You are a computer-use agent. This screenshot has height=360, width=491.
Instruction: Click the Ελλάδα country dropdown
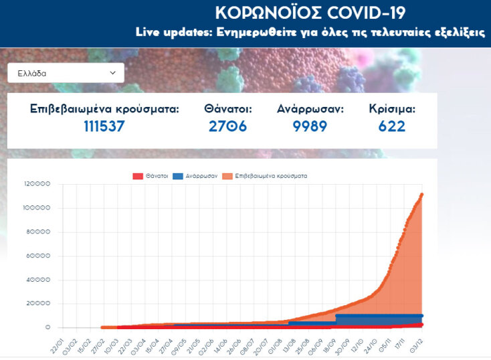point(65,73)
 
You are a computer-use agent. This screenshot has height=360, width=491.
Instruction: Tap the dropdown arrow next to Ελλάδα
point(112,73)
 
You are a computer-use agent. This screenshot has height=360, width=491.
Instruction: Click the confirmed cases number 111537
point(104,126)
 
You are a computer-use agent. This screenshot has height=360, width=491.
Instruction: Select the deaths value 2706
point(227,126)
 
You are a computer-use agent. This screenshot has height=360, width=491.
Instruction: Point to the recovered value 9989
point(310,126)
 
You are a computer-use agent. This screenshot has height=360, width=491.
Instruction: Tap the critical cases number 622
point(392,126)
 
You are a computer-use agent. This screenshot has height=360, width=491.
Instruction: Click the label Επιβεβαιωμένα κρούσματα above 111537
point(104,108)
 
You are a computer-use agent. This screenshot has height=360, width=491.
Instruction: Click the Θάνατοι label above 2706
point(227,108)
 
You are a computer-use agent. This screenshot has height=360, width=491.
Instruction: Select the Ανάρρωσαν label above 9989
point(310,108)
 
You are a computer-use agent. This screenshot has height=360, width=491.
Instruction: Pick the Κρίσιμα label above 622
point(392,108)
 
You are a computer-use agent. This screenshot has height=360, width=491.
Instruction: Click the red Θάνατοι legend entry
point(150,176)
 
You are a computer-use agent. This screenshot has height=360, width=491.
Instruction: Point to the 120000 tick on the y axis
point(37,184)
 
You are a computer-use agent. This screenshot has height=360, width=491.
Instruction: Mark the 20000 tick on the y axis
point(39,303)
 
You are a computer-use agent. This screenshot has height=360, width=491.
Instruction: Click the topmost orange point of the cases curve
point(421,195)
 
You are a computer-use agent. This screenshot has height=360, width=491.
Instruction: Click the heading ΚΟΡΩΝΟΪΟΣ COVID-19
point(310,13)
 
